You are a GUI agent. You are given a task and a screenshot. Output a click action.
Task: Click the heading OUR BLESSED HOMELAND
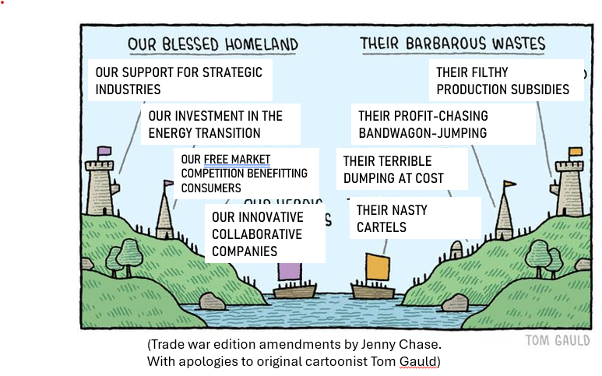[213, 44]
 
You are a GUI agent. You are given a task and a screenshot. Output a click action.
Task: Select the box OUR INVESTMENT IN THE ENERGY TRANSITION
[215, 124]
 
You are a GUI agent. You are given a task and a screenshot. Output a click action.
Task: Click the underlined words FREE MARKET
[237, 160]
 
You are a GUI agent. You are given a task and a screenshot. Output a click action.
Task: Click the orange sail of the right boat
[378, 266]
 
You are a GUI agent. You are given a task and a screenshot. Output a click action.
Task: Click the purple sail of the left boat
[289, 271]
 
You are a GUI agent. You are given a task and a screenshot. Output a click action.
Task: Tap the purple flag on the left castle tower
[104, 150]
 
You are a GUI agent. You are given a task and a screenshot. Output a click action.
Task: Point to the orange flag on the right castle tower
[575, 151]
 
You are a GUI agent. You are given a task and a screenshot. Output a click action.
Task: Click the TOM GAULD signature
[557, 340]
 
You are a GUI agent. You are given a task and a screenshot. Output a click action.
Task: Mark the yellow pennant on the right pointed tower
[509, 184]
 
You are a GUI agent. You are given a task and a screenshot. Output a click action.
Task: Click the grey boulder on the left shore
[212, 301]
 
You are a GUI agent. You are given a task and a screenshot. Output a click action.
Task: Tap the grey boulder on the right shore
[455, 302]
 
